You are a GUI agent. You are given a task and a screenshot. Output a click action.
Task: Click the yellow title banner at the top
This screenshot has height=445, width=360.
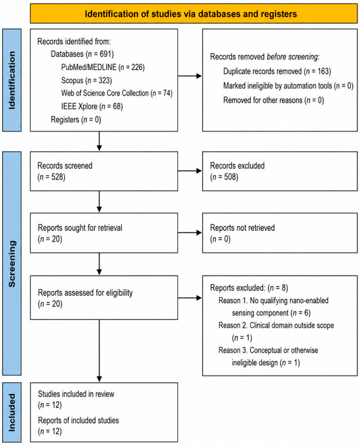pyautogui.click(x=194, y=14)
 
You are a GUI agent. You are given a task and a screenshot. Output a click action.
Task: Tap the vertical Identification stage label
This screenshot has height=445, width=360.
pyautogui.click(x=12, y=80)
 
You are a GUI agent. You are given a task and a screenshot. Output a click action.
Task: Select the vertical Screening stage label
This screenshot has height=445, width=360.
pyautogui.click(x=12, y=263)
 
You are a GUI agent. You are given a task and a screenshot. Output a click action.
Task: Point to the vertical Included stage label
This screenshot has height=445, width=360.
pyautogui.click(x=12, y=412)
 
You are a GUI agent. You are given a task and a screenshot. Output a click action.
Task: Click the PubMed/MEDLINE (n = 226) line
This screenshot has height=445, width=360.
pyautogui.click(x=103, y=67)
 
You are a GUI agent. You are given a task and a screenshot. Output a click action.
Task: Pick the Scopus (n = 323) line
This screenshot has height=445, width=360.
pyautogui.click(x=86, y=80)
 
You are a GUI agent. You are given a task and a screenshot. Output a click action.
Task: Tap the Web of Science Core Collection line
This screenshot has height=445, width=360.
pyautogui.click(x=117, y=93)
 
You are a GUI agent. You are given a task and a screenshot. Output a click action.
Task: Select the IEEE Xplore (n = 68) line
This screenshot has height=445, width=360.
pyautogui.click(x=92, y=106)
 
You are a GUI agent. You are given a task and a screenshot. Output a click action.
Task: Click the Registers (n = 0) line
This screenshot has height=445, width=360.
pyautogui.click(x=76, y=120)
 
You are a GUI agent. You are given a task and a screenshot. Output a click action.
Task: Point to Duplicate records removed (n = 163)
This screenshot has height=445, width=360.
pyautogui.click(x=277, y=71)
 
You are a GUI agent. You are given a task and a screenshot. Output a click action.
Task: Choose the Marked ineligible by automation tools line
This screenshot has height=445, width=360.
pyautogui.click(x=288, y=86)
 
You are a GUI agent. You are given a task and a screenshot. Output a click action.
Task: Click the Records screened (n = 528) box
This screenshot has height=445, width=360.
pyautogui.click(x=104, y=171)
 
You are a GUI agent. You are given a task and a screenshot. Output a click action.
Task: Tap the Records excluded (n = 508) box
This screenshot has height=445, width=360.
pyautogui.click(x=280, y=171)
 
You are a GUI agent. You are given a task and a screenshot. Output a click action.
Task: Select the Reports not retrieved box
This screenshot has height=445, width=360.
pyautogui.click(x=280, y=233)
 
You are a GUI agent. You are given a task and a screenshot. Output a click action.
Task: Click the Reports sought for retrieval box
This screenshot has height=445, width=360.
pyautogui.click(x=104, y=233)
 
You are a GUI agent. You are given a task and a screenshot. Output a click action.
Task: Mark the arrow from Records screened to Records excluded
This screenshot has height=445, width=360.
pyautogui.click(x=190, y=171)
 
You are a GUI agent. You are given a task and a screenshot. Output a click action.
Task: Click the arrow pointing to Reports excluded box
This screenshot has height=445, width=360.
pyautogui.click(x=190, y=298)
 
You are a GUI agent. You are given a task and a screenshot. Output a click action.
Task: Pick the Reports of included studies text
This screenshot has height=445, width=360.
pyautogui.click(x=79, y=420)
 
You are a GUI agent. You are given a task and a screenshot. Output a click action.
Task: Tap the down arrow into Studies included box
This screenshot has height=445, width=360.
pyautogui.click(x=99, y=351)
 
